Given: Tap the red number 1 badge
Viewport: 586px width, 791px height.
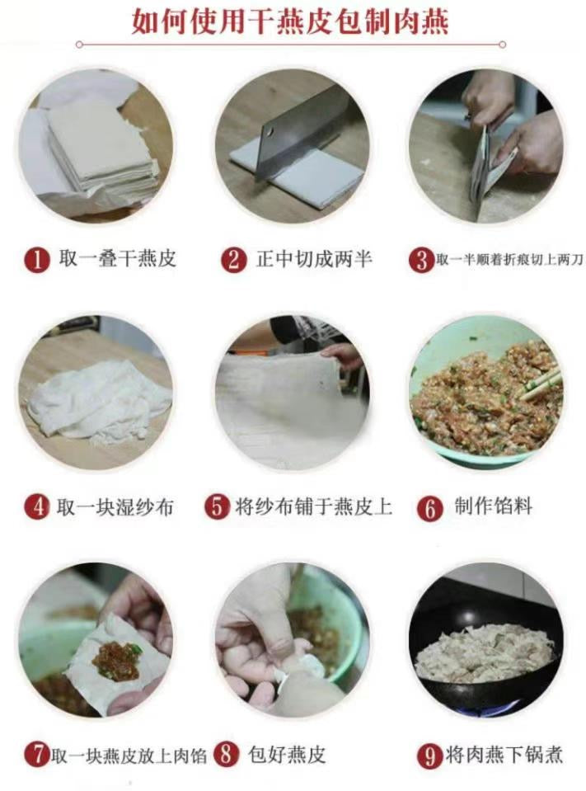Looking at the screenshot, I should [36, 261].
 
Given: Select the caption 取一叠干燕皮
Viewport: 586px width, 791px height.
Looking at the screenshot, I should [116, 260].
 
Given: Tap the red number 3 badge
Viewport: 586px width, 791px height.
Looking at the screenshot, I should [422, 261].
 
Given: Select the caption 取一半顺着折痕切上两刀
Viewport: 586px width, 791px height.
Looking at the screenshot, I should [509, 261].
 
